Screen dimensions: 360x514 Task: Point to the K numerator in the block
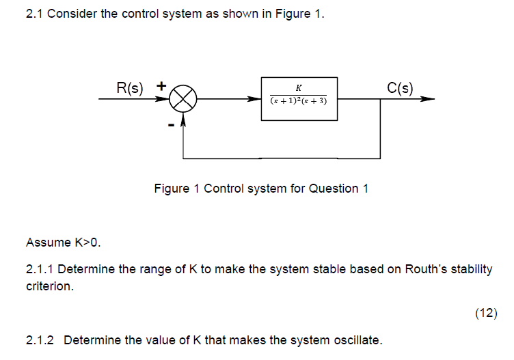(299, 88)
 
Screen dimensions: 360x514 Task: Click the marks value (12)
(486, 314)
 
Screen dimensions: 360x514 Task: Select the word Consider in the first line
(74, 14)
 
